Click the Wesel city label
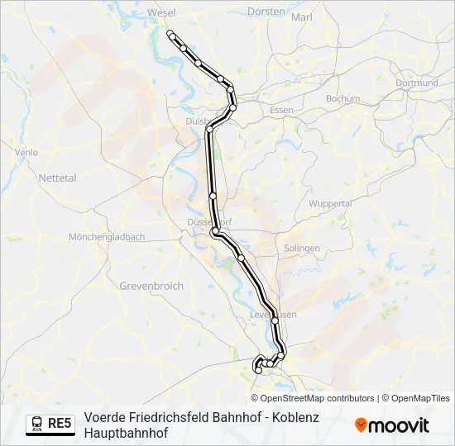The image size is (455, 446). (161, 13)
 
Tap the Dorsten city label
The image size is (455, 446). (266, 12)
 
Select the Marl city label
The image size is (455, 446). (302, 17)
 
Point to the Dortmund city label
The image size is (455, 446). (416, 83)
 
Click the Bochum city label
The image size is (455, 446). (342, 98)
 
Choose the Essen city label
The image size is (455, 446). (281, 110)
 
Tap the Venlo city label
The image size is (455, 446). (26, 152)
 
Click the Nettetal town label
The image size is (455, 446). (57, 178)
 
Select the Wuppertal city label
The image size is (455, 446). (330, 203)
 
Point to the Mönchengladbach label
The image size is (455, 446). (107, 236)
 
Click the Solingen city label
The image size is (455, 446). (301, 248)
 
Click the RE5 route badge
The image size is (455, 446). (60, 424)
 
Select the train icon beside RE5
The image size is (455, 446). (37, 424)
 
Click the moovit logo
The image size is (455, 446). (392, 425)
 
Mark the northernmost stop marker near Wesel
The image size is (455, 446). (170, 34)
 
